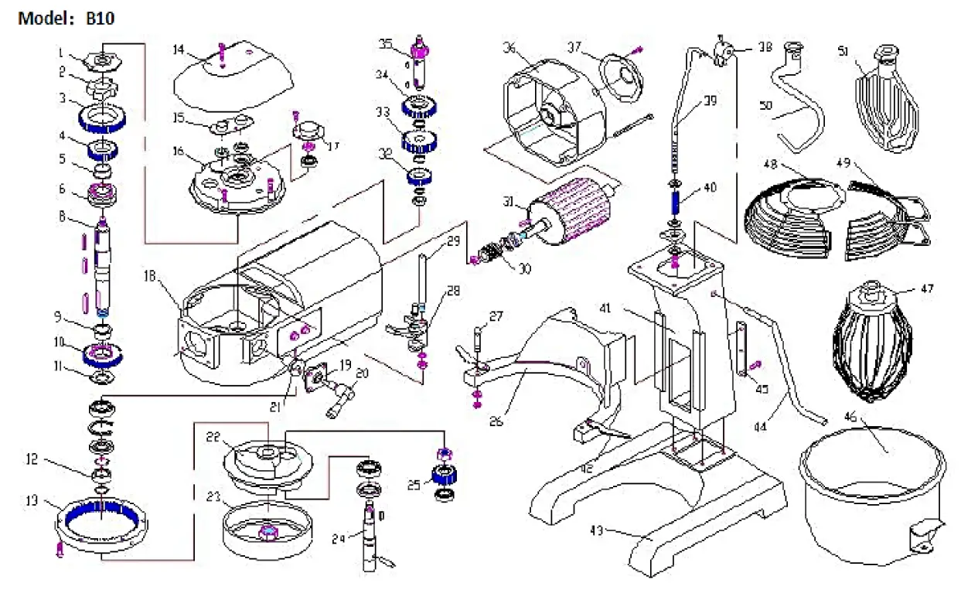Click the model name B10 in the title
(x=100, y=18)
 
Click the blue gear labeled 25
(x=448, y=475)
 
